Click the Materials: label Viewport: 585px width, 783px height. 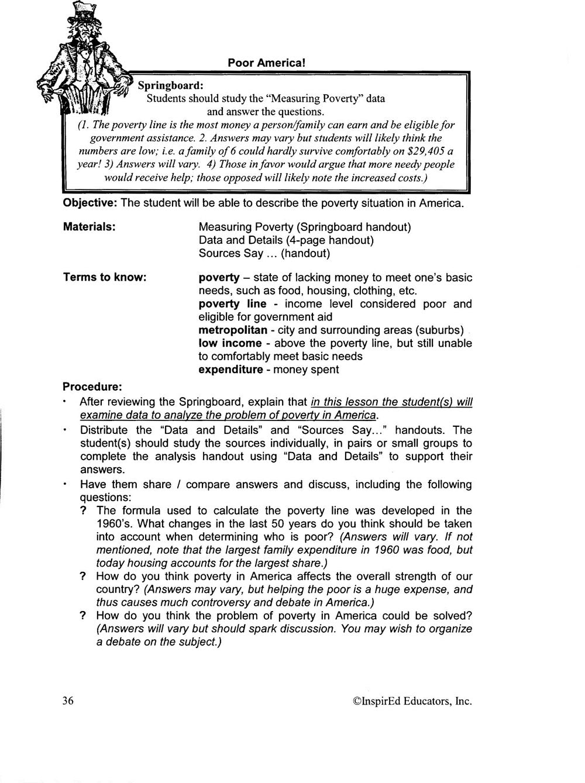tap(89, 227)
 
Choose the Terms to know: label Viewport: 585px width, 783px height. tap(104, 277)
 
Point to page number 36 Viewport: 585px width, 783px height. tap(67, 701)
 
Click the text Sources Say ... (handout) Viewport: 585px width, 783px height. tap(264, 253)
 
